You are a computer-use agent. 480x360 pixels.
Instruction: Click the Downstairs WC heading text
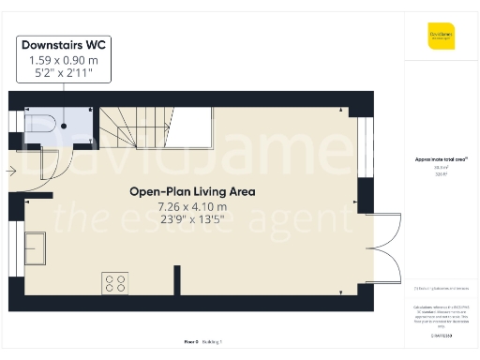[x=64, y=44]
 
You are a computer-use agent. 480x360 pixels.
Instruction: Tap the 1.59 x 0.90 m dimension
[x=64, y=59]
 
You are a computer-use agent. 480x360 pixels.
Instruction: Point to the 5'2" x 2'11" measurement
[x=64, y=72]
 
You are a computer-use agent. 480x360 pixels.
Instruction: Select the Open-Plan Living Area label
[x=192, y=191]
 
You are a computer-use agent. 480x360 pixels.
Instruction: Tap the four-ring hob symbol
[x=115, y=281]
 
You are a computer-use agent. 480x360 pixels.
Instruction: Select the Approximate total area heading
[x=441, y=159]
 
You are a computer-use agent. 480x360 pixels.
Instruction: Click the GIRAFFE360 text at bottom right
[x=441, y=334]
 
